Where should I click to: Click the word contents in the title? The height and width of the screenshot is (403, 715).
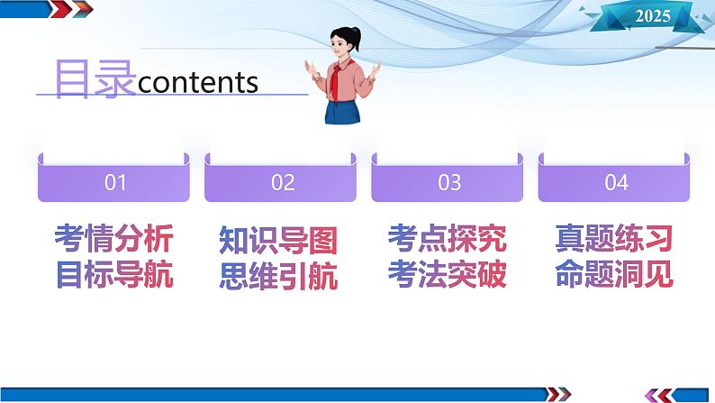point(199,83)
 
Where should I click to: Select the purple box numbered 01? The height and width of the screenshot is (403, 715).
point(114,182)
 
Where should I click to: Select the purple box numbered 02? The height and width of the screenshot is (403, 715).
point(282,182)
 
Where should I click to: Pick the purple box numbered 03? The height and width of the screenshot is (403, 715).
point(448,182)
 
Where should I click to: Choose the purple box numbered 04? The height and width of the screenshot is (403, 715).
point(615,182)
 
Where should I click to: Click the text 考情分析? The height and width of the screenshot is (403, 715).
point(113,240)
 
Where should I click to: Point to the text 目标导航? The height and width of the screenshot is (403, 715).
point(113,274)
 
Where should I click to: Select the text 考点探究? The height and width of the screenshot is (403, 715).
point(448,240)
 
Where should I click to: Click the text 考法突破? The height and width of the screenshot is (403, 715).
point(448,274)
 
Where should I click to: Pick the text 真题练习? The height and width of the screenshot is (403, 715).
point(615,240)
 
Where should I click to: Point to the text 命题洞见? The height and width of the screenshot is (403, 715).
point(615,274)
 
